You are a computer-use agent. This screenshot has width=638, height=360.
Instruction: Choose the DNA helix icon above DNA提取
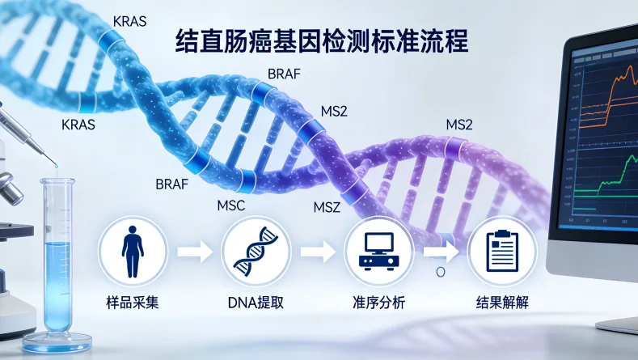tap(256, 252)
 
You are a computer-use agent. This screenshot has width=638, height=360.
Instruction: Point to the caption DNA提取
tap(256, 303)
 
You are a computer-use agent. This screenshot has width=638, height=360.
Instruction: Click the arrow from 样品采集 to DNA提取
tap(194, 252)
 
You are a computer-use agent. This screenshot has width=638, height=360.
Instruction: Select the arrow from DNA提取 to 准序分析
tap(318, 252)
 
